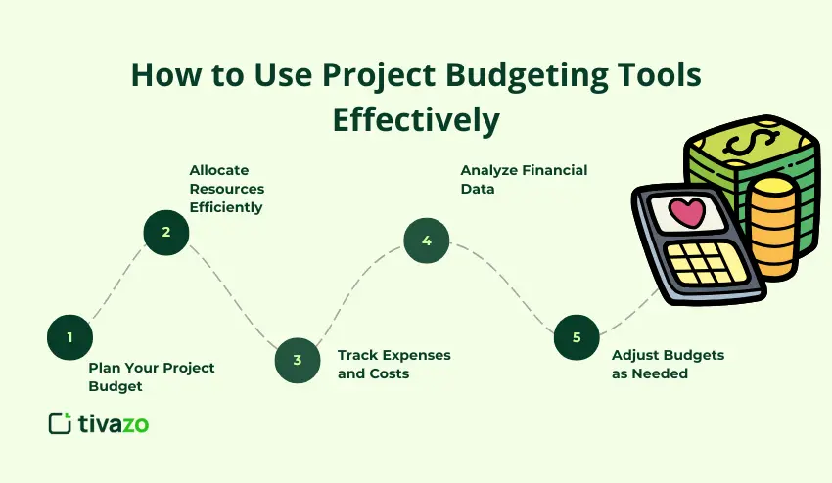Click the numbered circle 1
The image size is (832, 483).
69,337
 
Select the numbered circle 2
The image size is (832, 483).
165,232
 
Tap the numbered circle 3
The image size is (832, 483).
297,359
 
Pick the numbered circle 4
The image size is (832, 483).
426,241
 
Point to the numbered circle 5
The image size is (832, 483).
577,337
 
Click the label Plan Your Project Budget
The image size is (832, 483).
151,376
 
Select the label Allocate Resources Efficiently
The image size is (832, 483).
227,189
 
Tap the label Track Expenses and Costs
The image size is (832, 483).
393,364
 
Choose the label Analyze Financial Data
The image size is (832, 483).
524,179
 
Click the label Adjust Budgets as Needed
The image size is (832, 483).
668,364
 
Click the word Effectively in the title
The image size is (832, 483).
416,119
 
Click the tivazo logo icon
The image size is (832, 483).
61,423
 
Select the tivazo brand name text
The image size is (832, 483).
114,423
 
